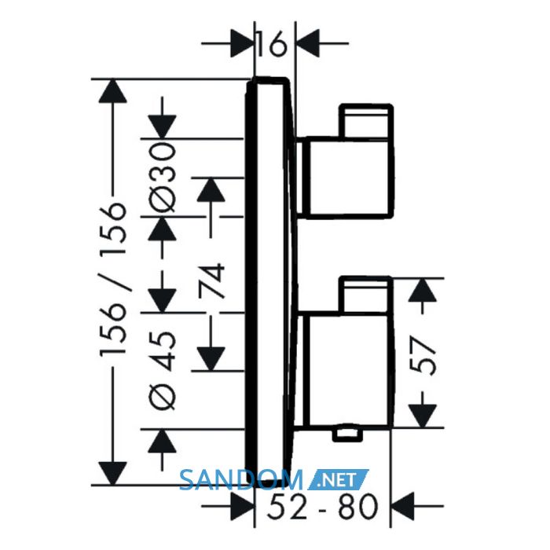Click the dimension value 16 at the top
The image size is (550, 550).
272,44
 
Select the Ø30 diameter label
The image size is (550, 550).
162,178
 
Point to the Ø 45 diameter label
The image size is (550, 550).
162,371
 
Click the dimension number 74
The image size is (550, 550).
211,280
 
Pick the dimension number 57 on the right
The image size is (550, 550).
423,356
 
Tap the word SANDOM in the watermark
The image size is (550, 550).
241,480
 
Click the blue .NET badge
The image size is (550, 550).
338,479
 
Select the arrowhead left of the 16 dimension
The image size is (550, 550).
242,43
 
